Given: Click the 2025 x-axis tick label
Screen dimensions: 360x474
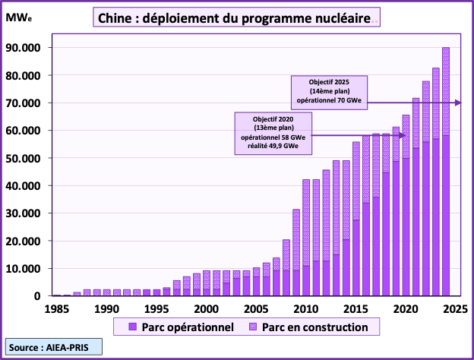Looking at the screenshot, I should click(455, 309).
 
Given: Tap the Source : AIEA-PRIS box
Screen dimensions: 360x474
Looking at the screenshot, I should click(52, 346).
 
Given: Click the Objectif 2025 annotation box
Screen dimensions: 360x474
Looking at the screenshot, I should click(327, 90).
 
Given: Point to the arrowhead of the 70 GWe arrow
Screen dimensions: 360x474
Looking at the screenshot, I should click(457, 103).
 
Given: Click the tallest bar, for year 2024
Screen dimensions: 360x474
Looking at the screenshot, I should click(446, 172).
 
